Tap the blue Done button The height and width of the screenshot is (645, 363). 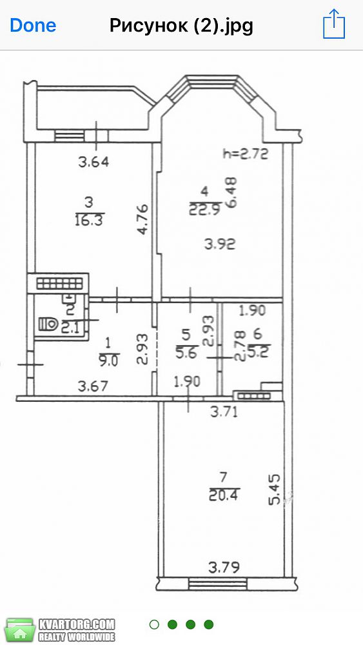coord(33,26)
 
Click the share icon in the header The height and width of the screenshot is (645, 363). coord(334,25)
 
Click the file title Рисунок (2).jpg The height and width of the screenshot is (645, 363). coord(181,26)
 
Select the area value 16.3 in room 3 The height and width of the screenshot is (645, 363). coord(89,219)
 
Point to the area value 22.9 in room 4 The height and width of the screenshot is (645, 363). coord(205,210)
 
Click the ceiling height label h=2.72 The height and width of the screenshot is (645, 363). coord(245,154)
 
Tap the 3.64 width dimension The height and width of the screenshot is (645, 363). coord(93,162)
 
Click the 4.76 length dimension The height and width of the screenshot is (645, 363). coord(142,219)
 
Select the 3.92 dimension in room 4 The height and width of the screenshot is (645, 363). coord(220,244)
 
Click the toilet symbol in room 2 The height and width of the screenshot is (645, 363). coord(48,324)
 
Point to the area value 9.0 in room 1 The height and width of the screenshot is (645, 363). coord(108,361)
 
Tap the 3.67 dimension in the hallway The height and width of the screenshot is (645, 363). coord(93,386)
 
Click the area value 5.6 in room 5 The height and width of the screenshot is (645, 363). coord(186,353)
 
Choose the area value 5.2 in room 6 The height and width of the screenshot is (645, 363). coord(257,352)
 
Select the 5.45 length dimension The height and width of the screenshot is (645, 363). coord(275,489)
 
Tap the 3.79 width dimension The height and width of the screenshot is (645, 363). coord(224,568)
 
